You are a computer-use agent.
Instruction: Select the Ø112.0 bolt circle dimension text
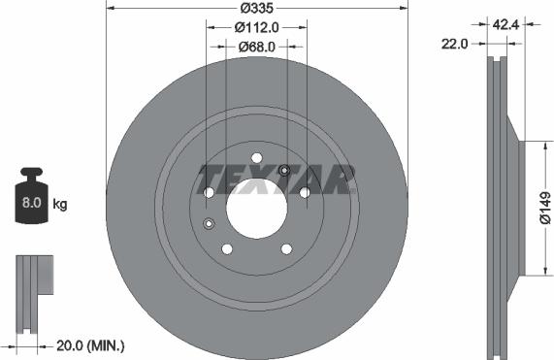coord(256,28)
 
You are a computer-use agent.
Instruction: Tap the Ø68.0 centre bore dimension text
coord(256,46)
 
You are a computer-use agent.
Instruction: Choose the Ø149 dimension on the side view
coord(544,205)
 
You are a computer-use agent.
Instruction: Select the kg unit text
coord(60,204)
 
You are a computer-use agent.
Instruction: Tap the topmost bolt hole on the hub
coord(256,158)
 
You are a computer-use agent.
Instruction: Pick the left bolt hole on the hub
coord(209,193)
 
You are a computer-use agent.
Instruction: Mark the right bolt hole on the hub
coord(304,193)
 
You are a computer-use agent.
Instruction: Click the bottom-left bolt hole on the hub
coord(227,248)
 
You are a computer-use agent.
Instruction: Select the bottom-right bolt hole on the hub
coord(285,248)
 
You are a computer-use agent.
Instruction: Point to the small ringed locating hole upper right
coord(284,172)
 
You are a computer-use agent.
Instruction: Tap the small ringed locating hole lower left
coord(209,224)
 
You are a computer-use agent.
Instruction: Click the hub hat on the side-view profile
coord(520,205)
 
